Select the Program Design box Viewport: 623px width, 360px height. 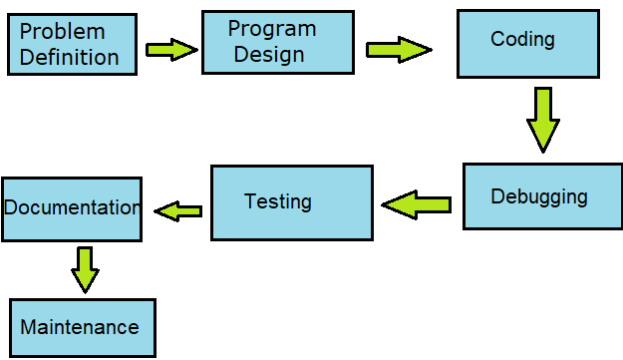[x=277, y=42]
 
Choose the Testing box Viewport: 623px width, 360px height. [x=291, y=202]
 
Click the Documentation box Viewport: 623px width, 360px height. [x=71, y=208]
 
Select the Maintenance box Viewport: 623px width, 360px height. [x=83, y=327]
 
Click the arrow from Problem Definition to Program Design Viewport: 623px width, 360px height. [x=171, y=49]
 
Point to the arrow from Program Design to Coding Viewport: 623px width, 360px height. [x=398, y=50]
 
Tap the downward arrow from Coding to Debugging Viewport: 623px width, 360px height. [x=542, y=119]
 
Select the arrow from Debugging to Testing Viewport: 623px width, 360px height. [x=417, y=205]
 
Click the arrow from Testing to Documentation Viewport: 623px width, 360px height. [x=178, y=210]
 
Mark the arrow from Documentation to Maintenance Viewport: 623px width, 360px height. [x=86, y=268]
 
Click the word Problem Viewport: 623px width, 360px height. [x=62, y=32]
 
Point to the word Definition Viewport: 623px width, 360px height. [x=69, y=57]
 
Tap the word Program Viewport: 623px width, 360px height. [x=271, y=29]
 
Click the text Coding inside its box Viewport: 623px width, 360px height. [x=522, y=39]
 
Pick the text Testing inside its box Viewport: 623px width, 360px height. [x=278, y=201]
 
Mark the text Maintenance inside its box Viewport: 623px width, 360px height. [x=80, y=327]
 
